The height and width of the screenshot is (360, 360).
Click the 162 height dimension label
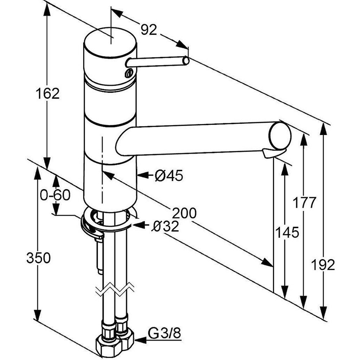pyautogui.click(x=48, y=94)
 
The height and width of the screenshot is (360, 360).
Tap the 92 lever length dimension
pyautogui.click(x=149, y=30)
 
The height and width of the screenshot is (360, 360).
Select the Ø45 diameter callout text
pyautogui.click(x=169, y=176)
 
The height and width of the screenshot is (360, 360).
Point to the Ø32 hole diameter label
pyautogui.click(x=165, y=226)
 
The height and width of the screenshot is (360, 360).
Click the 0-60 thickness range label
pyautogui.click(x=55, y=195)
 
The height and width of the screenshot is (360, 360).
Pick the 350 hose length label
pyautogui.click(x=39, y=258)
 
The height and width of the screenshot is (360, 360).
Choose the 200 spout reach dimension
pyautogui.click(x=184, y=213)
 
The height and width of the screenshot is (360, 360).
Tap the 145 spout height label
pyautogui.click(x=287, y=232)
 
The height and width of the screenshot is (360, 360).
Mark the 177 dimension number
pyautogui.click(x=305, y=202)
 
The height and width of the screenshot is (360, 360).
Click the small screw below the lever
pyautogui.click(x=129, y=73)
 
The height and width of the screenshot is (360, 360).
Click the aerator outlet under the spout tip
pyautogui.click(x=273, y=153)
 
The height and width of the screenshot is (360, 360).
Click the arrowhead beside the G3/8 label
pyautogui.click(x=140, y=340)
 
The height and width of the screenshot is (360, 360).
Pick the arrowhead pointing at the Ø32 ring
pyautogui.click(x=139, y=225)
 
